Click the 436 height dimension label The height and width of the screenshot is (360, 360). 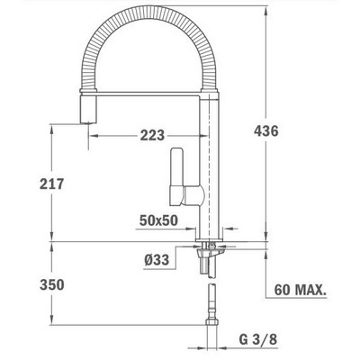pyautogui.click(x=266, y=131)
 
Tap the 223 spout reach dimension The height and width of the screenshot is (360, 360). pyautogui.click(x=152, y=135)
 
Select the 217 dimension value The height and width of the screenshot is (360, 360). pyautogui.click(x=52, y=184)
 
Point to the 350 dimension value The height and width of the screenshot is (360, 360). pyautogui.click(x=52, y=284)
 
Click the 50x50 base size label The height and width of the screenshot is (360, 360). pyautogui.click(x=158, y=220)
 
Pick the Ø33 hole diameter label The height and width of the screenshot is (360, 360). pyautogui.click(x=157, y=259)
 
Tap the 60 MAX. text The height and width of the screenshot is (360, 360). pyautogui.click(x=301, y=290)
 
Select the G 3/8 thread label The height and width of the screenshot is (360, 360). pyautogui.click(x=258, y=339)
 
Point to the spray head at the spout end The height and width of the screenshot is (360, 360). pyautogui.click(x=88, y=110)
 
